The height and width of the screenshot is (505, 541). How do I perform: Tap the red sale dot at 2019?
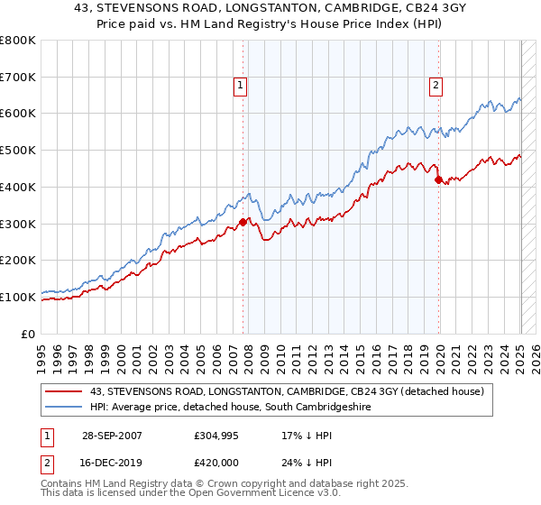tap(438, 179)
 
